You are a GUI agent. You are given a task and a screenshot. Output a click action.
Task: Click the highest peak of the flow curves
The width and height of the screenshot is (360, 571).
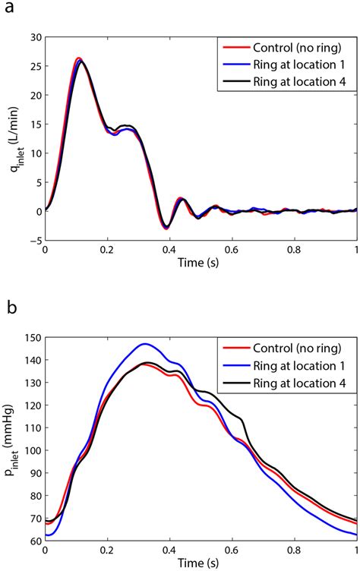pyautogui.click(x=79, y=58)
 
